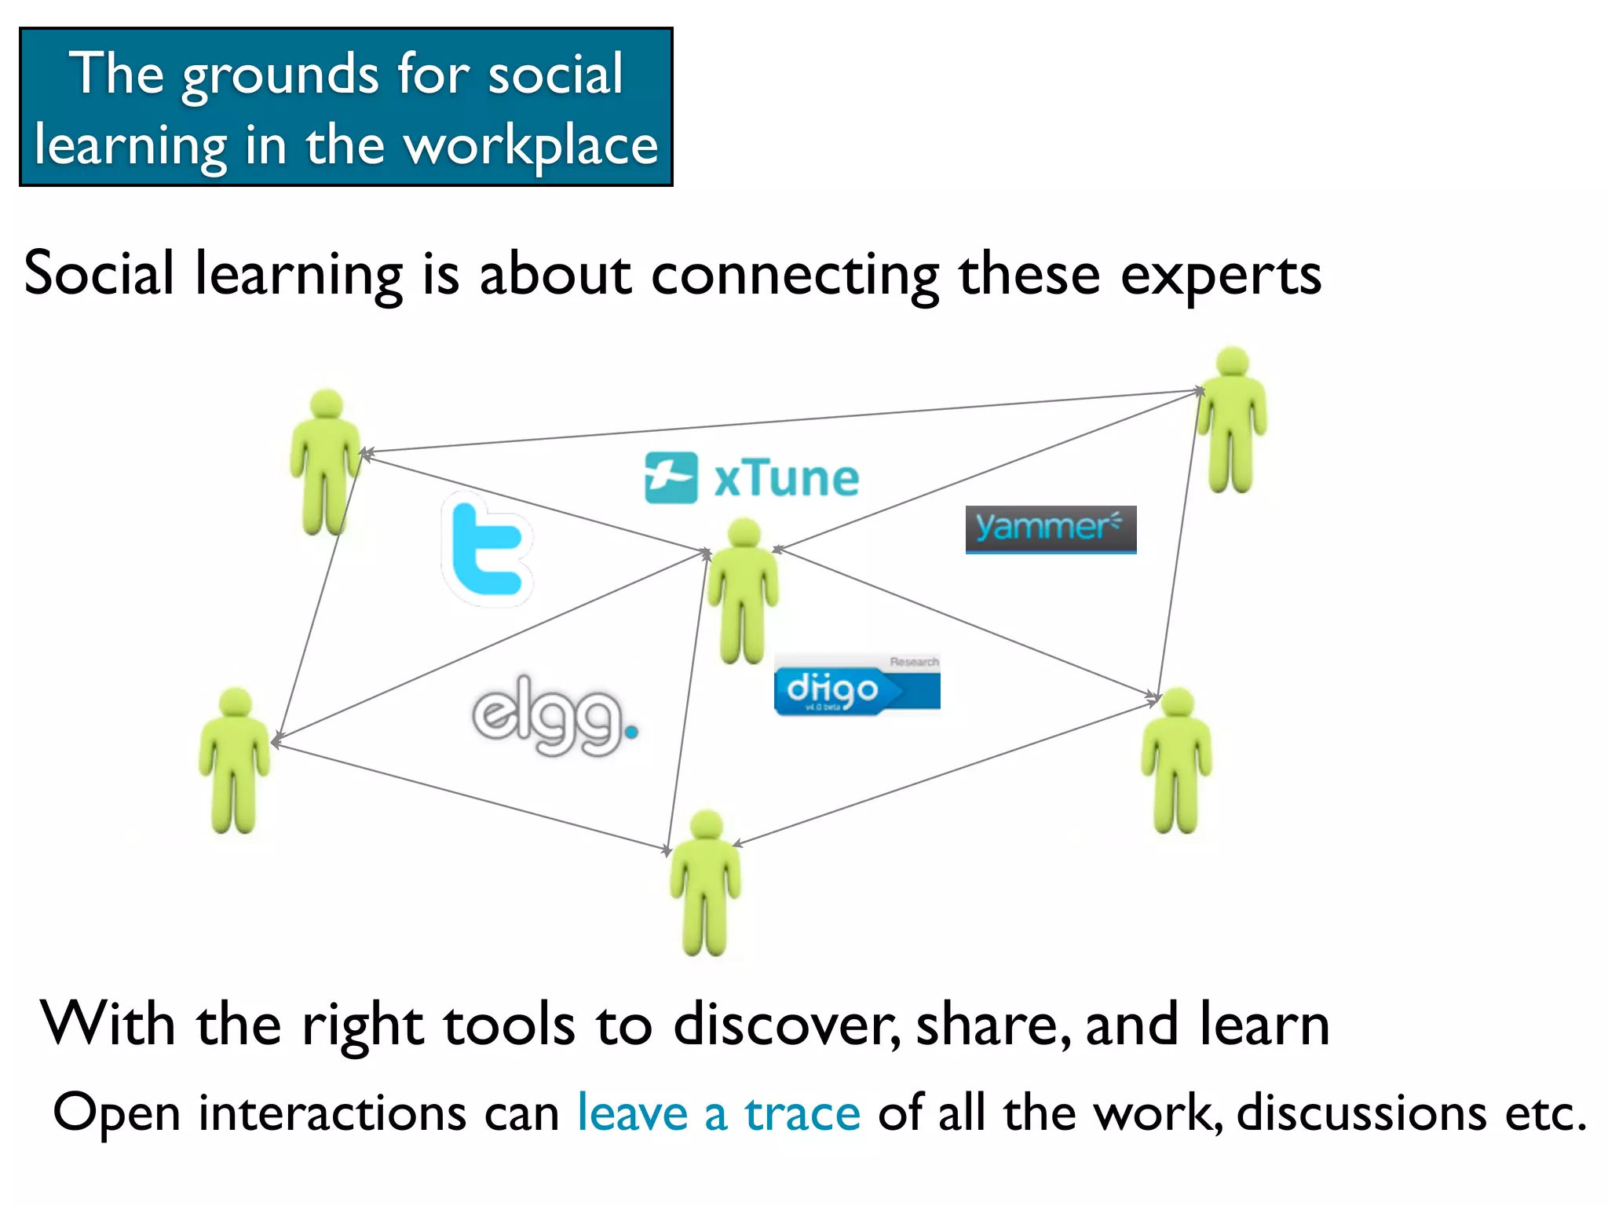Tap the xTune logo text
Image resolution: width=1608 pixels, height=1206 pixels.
click(x=785, y=478)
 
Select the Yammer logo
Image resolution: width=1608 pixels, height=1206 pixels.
click(x=1051, y=528)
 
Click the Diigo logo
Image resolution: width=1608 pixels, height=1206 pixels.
click(x=856, y=689)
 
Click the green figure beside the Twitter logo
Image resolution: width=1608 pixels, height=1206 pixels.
click(x=325, y=463)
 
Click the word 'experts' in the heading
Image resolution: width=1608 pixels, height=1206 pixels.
click(x=1220, y=275)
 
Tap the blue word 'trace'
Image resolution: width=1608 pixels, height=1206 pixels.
click(x=802, y=1113)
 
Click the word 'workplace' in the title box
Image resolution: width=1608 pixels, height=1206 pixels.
click(x=531, y=146)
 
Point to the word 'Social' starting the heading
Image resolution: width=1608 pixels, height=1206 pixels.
click(x=99, y=273)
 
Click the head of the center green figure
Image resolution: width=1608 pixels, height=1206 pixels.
click(x=744, y=533)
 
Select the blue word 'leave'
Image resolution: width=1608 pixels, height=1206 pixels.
click(x=632, y=1113)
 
